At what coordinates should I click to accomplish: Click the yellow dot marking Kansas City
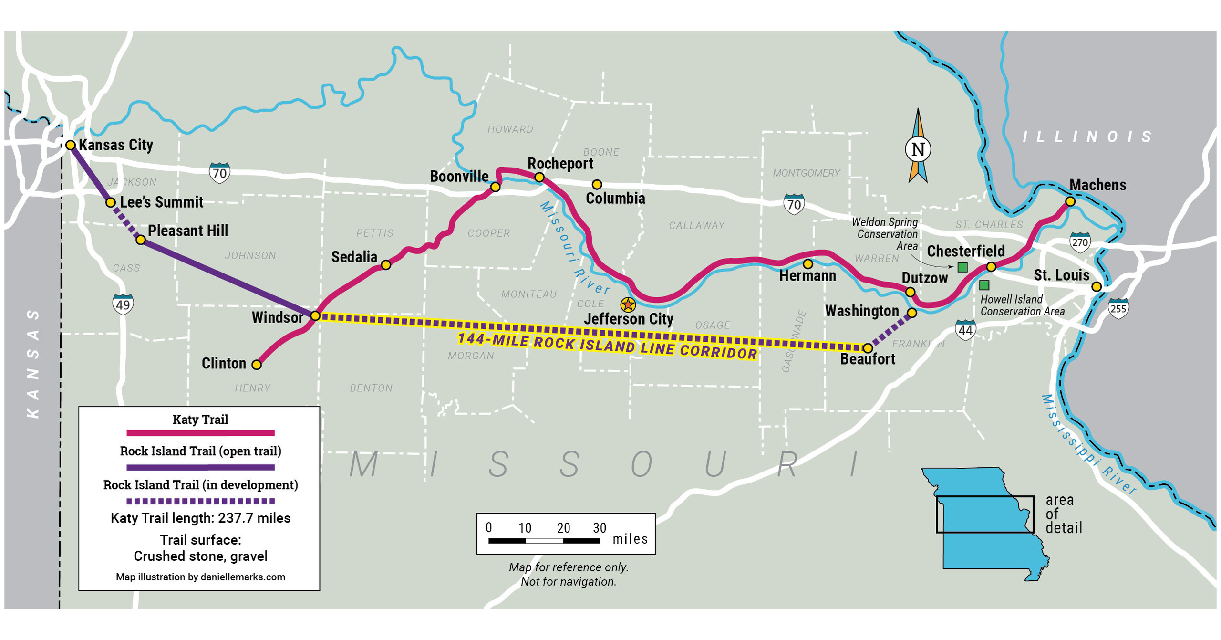pos(70,145)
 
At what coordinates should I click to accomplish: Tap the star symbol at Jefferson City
pos(628,304)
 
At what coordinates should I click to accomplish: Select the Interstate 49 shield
pos(123,304)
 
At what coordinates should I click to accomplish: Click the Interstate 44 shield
pos(965,329)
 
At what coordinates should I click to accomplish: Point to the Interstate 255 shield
pos(1118,308)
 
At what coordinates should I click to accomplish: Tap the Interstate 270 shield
pos(1080,241)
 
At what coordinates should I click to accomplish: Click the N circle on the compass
pos(918,149)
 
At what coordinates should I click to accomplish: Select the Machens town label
pos(1097,185)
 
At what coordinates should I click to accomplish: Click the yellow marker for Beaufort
pos(868,348)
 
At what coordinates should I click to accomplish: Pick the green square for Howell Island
pos(984,285)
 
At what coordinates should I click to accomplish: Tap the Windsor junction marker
pos(315,315)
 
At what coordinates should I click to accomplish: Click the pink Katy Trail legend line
pos(200,433)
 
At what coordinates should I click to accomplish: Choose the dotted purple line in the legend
pos(200,501)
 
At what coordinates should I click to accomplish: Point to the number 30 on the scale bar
pos(600,527)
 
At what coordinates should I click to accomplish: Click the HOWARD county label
pos(510,129)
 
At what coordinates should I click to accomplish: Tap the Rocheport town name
pos(560,163)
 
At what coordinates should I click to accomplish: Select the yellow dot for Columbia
pos(597,184)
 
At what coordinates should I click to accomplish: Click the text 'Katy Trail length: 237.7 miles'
pos(200,518)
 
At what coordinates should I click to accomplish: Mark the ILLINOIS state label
pos(1087,137)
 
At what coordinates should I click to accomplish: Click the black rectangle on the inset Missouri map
pos(985,497)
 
